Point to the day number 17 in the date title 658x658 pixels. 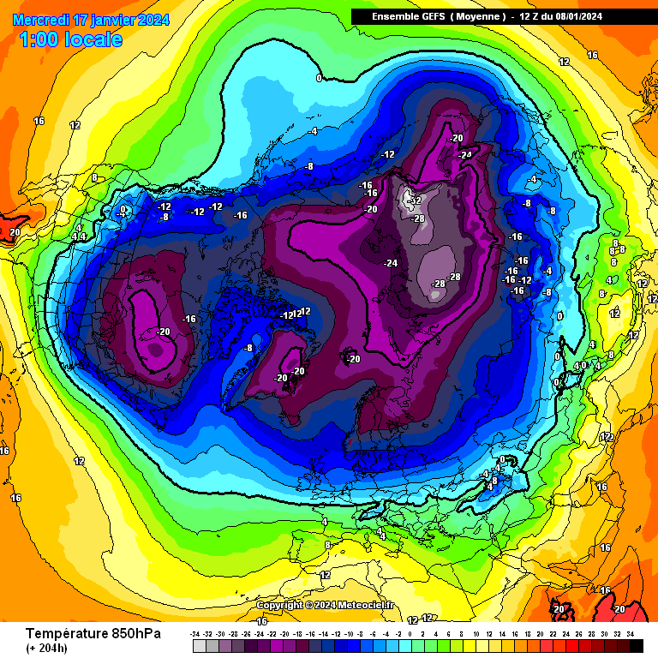coord(82,20)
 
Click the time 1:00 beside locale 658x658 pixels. coord(37,39)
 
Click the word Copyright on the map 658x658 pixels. coord(280,605)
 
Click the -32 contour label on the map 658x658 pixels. coord(416,200)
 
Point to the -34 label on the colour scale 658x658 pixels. coord(196,634)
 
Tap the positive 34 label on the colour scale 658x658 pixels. coord(630,634)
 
